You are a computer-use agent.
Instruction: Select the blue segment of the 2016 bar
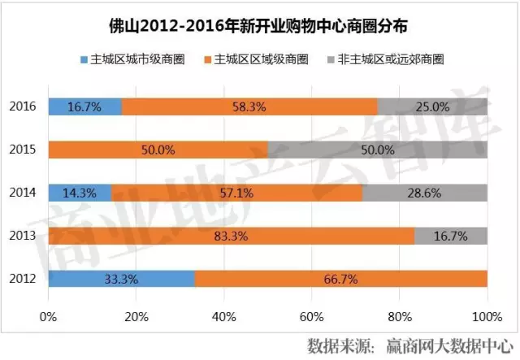pos(84,106)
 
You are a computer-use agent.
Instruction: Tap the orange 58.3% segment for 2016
pos(249,106)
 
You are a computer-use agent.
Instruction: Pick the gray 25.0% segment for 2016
pos(432,106)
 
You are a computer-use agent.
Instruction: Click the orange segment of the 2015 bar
pos(158,150)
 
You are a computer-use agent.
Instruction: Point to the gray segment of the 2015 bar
pos(377,150)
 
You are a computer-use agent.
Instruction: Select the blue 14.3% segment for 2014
pos(80,193)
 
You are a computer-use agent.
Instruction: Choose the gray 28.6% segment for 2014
pos(424,193)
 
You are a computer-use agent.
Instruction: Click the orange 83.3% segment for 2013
pos(231,236)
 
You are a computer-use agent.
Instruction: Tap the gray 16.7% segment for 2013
pos(451,236)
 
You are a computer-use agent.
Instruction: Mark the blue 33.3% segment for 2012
pos(121,279)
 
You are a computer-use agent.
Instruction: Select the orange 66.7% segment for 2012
pos(341,279)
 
